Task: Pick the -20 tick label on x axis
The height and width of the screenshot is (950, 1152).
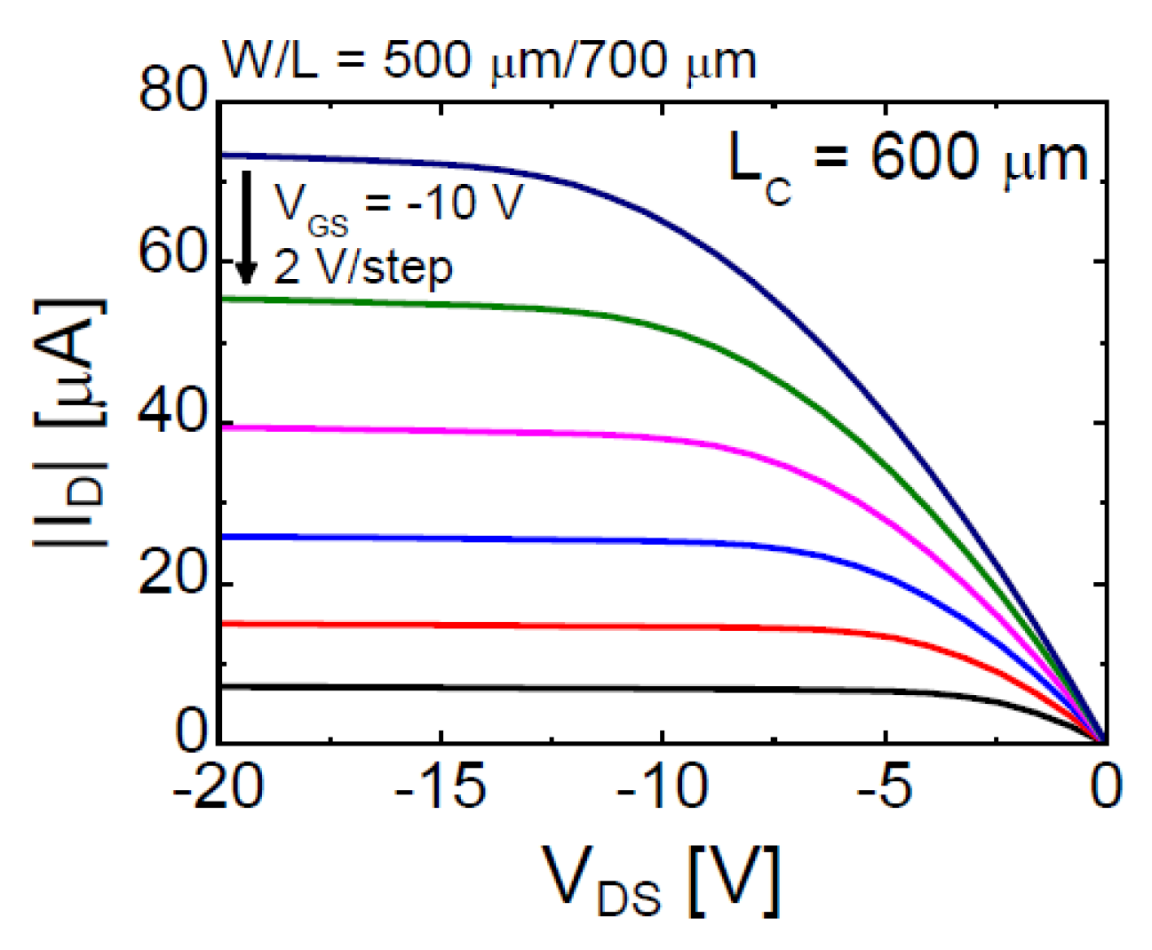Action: pos(218,787)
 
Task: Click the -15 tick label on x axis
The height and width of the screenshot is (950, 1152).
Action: pos(441,787)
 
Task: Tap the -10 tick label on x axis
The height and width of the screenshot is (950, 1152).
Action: pos(663,787)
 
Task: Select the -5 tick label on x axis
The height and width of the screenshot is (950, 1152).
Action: pos(885,787)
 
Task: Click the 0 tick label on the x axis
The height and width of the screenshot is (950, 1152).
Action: pos(1106,787)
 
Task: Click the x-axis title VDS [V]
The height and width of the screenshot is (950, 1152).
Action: pos(663,882)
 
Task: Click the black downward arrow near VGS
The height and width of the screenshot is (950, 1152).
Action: pos(247,227)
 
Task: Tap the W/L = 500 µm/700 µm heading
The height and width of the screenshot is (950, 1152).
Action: pos(489,60)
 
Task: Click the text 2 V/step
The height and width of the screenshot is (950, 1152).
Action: pos(362,267)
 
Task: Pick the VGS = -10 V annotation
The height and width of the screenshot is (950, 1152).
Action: pos(398,204)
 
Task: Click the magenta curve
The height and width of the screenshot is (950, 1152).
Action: pos(533,432)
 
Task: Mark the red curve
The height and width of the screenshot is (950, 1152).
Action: pos(533,627)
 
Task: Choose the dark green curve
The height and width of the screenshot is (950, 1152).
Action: pos(533,307)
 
